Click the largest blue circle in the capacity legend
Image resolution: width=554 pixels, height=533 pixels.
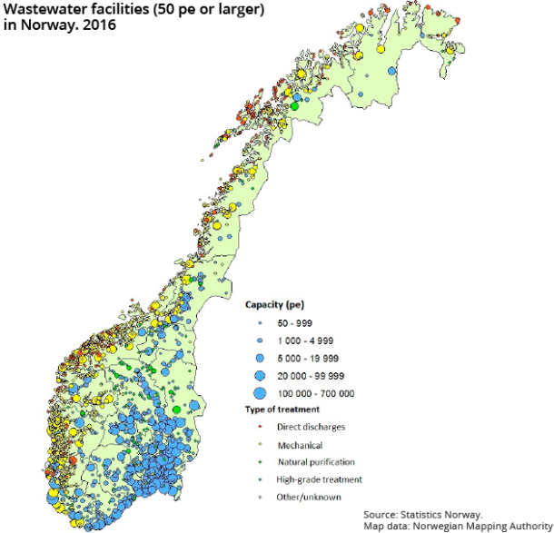[x=259, y=393]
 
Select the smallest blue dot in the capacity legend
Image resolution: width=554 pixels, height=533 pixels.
[x=259, y=324]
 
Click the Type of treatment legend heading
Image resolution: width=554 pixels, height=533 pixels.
[x=284, y=410]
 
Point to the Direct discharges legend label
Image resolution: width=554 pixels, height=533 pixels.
[x=311, y=427]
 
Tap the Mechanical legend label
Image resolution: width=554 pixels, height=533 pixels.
[x=299, y=445]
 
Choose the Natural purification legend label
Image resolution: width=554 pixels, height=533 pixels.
[x=315, y=462]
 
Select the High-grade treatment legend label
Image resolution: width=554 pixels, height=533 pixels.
[x=319, y=479]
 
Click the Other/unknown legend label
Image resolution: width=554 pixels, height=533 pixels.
[x=309, y=497]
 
